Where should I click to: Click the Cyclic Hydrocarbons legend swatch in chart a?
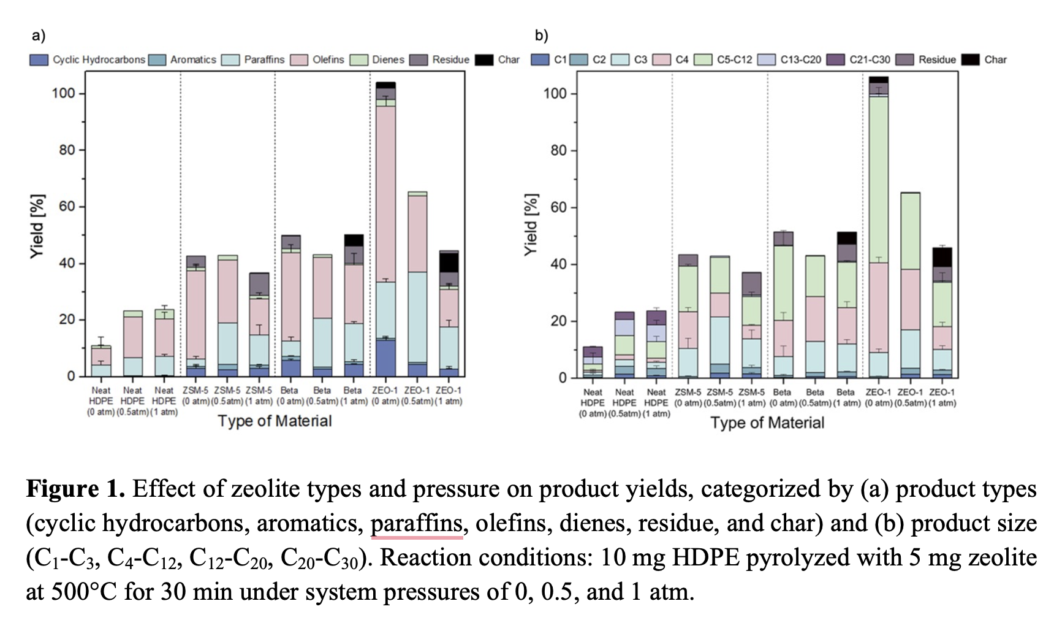point(39,60)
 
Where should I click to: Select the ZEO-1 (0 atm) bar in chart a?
point(385,233)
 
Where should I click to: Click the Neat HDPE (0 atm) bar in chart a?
point(100,361)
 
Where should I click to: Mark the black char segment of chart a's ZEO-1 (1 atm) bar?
point(449,262)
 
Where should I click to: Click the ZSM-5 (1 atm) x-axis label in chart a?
point(259,396)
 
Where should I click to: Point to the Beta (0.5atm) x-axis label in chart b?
point(815,397)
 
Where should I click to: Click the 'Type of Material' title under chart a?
point(275,421)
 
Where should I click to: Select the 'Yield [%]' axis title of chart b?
point(531,224)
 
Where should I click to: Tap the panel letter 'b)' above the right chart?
point(541,36)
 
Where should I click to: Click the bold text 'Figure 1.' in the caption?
point(75,489)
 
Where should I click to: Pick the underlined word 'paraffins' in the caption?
point(416,524)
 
